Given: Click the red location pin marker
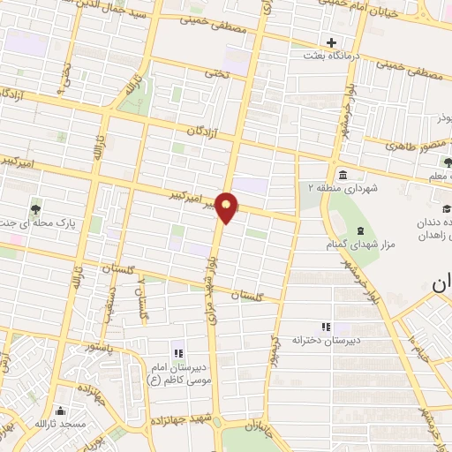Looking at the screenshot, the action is pos(227,207).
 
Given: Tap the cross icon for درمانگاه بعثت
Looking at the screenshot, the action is pos(331,41).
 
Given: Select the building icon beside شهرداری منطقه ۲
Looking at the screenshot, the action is pos(342,172).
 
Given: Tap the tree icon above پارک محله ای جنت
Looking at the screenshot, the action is pos(34,209).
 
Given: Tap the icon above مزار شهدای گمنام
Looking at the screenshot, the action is pos(359,230).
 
